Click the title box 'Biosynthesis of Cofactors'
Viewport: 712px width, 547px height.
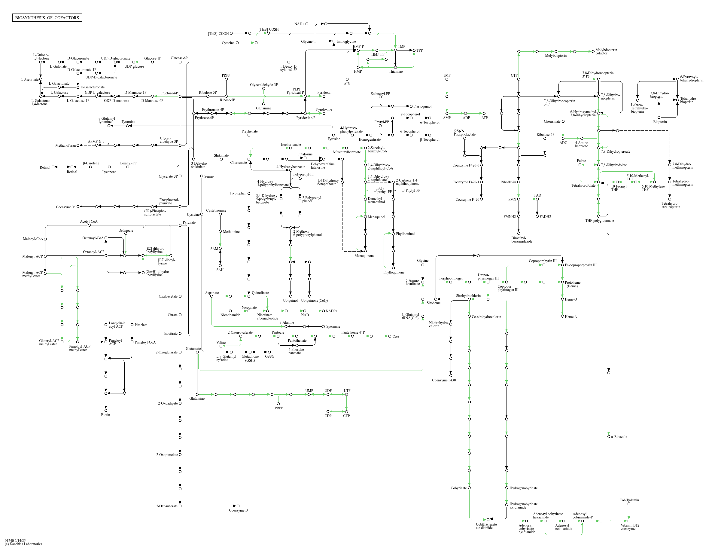click(x=47, y=17)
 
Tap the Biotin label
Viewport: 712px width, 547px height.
click(x=105, y=414)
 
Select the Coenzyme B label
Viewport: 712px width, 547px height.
click(x=238, y=510)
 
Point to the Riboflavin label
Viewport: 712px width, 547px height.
click(x=508, y=182)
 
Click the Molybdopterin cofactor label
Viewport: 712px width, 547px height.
click(x=606, y=51)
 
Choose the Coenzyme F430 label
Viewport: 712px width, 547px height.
click(x=444, y=380)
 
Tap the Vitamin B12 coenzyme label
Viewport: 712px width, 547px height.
click(x=630, y=527)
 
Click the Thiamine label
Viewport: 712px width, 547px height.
click(x=396, y=72)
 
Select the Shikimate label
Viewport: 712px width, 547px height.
click(x=221, y=155)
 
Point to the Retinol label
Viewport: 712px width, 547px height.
click(x=45, y=167)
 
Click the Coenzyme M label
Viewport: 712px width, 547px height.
click(x=65, y=207)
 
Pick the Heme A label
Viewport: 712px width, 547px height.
click(x=571, y=317)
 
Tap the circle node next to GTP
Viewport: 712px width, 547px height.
click(x=519, y=79)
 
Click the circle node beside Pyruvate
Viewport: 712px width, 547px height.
click(x=180, y=225)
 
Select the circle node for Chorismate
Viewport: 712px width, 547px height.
click(x=249, y=159)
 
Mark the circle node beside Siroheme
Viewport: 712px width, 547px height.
click(x=436, y=299)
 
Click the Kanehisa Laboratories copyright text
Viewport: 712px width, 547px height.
click(x=23, y=544)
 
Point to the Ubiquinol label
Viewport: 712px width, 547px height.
click(x=291, y=301)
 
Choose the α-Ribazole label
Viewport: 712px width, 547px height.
click(x=619, y=437)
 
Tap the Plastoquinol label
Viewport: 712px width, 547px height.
click(x=422, y=106)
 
